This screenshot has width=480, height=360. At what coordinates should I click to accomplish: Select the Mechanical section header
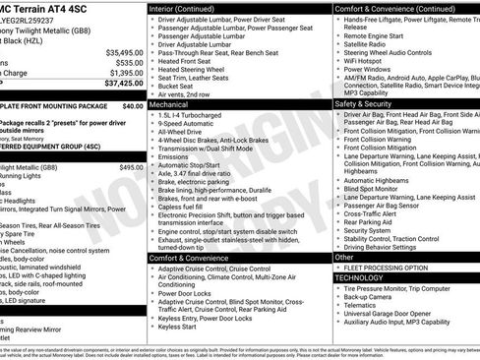point(169,102)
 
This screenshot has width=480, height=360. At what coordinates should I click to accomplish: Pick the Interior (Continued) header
point(190,8)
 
